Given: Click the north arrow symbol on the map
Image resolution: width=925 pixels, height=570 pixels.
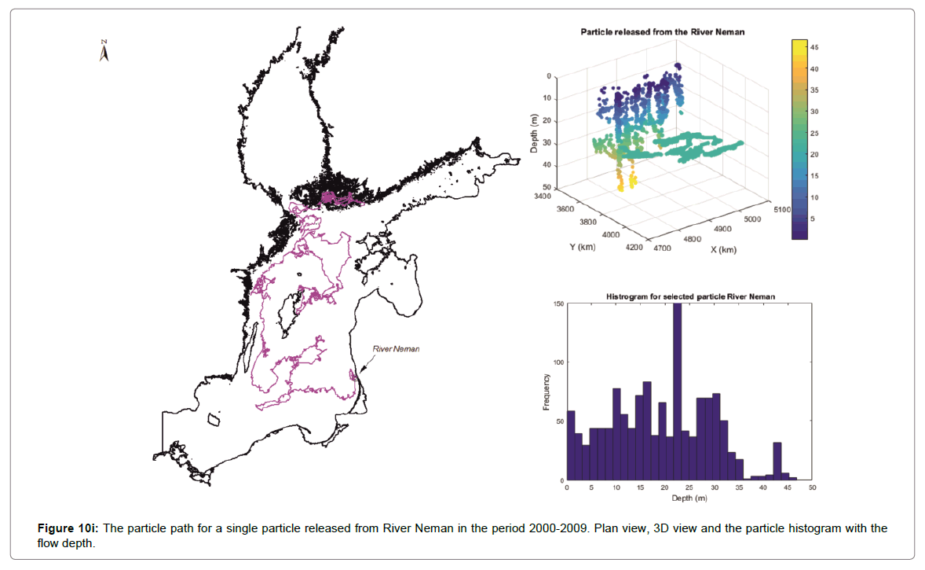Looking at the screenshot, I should [104, 50].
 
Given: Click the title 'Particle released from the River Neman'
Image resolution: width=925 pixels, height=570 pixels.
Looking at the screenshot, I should [662, 32].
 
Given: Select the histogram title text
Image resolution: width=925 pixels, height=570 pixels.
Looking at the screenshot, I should [678, 296].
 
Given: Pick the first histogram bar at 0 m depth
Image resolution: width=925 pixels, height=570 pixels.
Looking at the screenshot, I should [571, 445].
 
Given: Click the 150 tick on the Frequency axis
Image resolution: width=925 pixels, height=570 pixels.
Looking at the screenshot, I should [558, 303].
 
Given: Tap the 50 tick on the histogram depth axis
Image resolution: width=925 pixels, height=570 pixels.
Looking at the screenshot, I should [812, 488].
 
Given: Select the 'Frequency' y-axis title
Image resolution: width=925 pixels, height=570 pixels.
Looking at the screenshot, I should [547, 391].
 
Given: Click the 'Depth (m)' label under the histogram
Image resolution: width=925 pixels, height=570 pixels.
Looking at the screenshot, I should [689, 498].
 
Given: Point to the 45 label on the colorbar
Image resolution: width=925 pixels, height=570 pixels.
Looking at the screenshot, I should [814, 48].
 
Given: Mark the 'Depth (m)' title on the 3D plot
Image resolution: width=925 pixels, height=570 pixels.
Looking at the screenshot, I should [534, 133].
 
